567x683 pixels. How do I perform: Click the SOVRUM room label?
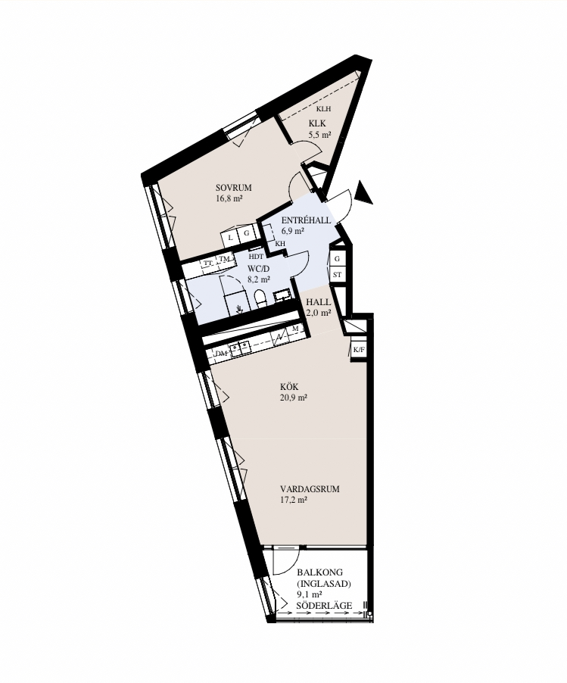coord(233,188)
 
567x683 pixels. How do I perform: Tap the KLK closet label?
coord(317,123)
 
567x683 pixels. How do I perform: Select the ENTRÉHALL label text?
coord(306,220)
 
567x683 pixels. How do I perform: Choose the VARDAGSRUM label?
coord(310,489)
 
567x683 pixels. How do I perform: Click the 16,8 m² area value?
coord(229,198)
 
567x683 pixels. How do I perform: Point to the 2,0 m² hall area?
coord(319,313)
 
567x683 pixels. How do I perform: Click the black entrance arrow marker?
coord(363,192)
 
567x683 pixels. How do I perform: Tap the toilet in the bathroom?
coord(260,298)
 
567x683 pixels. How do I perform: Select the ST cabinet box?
coord(337,275)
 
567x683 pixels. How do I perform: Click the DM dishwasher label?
coord(222,354)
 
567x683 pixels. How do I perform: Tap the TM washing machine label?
coord(224,260)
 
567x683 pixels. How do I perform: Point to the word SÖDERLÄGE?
coord(325,606)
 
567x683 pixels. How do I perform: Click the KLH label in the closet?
coord(323,109)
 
